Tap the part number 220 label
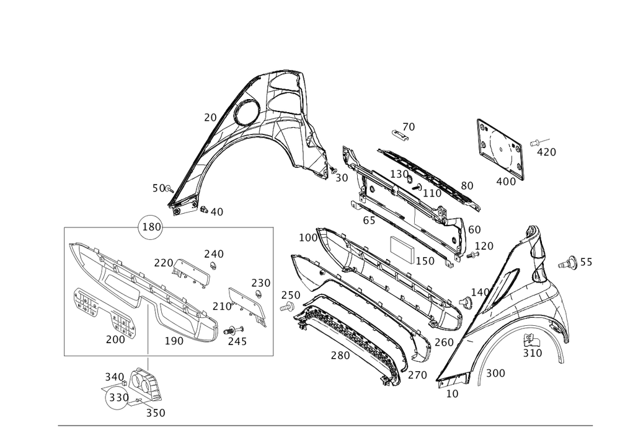pos(163,263)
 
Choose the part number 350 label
pos(156,413)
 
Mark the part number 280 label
pos(339,356)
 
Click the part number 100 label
pos(308,238)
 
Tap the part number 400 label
pos(506,182)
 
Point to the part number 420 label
pos(546,151)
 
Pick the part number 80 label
pos(467,185)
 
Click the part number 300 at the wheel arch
pos(495,372)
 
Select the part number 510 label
pos(532,353)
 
